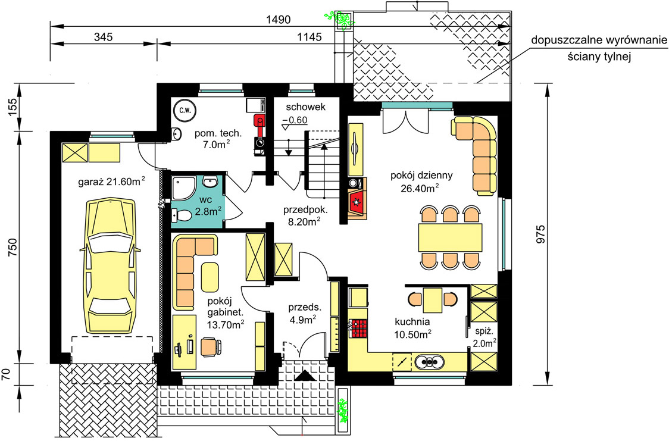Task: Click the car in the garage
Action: (x=110, y=265)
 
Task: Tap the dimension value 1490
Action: (x=278, y=20)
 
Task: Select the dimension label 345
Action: (x=103, y=37)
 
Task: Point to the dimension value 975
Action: (x=540, y=234)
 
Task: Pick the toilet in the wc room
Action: (x=181, y=216)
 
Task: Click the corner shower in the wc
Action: (x=183, y=187)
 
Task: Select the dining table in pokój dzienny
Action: (x=450, y=237)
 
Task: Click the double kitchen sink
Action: (x=429, y=362)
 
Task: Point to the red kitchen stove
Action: (x=358, y=329)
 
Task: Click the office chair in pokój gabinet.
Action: (x=211, y=346)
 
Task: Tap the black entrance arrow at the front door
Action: (x=305, y=376)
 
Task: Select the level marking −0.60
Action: (x=295, y=120)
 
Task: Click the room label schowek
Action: (x=305, y=107)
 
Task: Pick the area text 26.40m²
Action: (x=420, y=188)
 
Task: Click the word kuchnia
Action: (x=412, y=321)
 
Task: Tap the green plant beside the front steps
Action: (x=343, y=411)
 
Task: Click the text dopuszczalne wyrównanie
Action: (x=599, y=41)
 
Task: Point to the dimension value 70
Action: (x=5, y=374)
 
